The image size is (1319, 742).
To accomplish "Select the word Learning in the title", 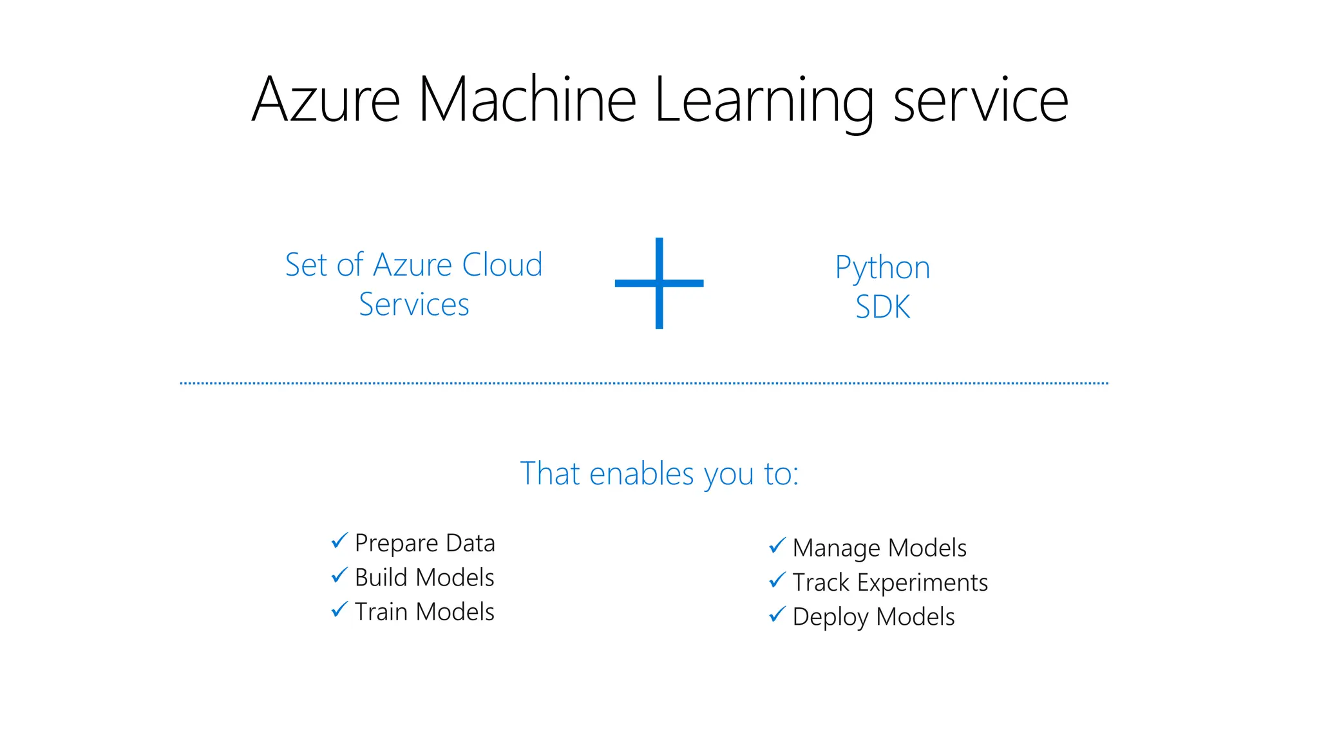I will [x=764, y=102].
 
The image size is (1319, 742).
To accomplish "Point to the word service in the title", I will [x=981, y=102].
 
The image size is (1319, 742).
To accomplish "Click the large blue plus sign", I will [x=659, y=283].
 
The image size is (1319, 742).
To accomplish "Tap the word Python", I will [x=882, y=268].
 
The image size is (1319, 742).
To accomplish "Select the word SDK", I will [x=882, y=307].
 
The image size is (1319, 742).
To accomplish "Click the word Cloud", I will [x=502, y=265].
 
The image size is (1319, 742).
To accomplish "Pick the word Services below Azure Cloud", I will [x=414, y=305].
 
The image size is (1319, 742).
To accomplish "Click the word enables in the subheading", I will [x=641, y=474].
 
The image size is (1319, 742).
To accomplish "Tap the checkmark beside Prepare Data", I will [x=339, y=541].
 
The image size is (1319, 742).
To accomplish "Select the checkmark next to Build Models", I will [x=339, y=575].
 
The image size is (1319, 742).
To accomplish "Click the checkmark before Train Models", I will [x=339, y=609].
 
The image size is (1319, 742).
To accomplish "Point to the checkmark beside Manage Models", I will [x=777, y=546].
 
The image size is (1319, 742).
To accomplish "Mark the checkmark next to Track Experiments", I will [x=777, y=580].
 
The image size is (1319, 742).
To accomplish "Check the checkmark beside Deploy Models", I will [x=777, y=614].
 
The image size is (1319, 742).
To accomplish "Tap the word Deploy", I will [x=831, y=618].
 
